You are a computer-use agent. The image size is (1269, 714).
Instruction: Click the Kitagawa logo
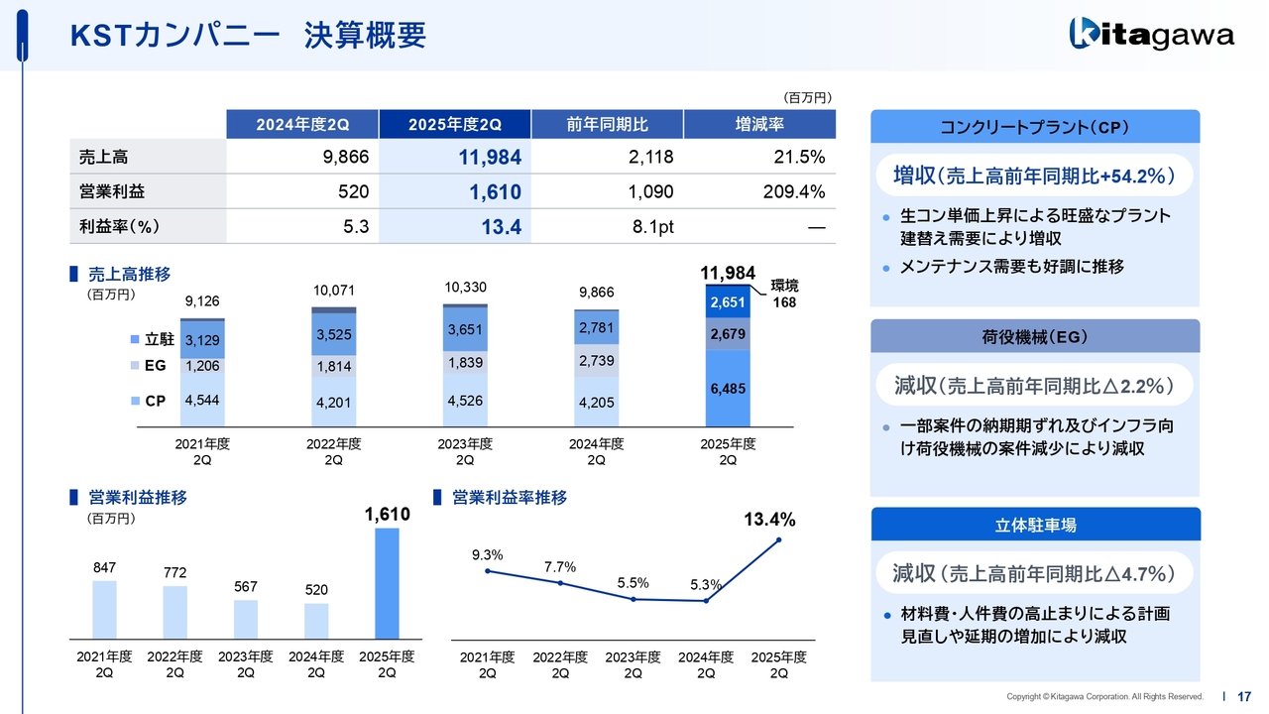pyautogui.click(x=1151, y=35)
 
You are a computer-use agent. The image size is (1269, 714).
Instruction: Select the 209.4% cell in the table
pyautogui.click(x=759, y=191)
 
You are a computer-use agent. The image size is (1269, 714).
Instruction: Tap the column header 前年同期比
pyautogui.click(x=607, y=124)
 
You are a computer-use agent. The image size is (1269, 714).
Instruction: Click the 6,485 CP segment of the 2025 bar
pyautogui.click(x=728, y=390)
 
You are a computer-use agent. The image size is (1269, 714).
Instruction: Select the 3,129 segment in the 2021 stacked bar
pyautogui.click(x=202, y=340)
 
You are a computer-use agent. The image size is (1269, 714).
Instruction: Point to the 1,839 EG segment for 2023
pyautogui.click(x=464, y=363)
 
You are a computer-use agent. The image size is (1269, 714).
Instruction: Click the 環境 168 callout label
pyautogui.click(x=783, y=295)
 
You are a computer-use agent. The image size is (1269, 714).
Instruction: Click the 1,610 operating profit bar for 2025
pyautogui.click(x=387, y=583)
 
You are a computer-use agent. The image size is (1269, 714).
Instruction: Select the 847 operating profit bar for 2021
pyautogui.click(x=104, y=609)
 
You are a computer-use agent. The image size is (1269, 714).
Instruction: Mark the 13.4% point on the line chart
pyautogui.click(x=779, y=539)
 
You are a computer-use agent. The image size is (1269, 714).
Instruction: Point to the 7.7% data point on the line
pyautogui.click(x=561, y=583)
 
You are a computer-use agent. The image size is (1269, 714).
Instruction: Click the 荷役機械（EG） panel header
pyautogui.click(x=1034, y=337)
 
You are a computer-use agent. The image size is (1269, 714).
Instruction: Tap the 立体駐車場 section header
pyautogui.click(x=1034, y=526)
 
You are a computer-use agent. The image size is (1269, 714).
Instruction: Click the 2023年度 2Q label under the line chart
pyautogui.click(x=634, y=664)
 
